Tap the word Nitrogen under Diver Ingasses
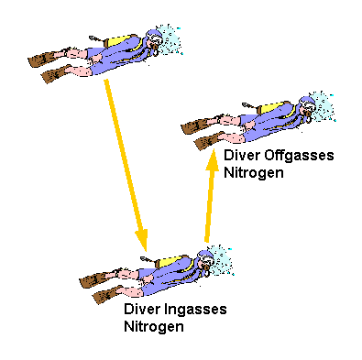coord(154,325)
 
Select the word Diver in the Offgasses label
coord(242,157)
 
